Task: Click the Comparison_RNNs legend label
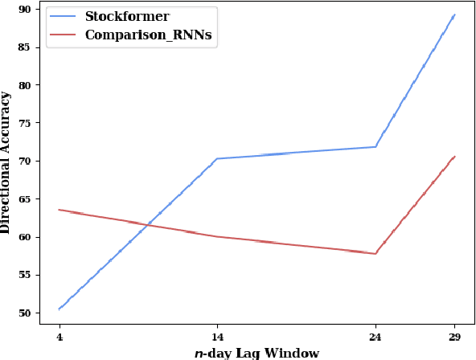(x=150, y=36)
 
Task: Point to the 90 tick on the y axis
(x=25, y=9)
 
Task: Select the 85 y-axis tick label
(x=25, y=47)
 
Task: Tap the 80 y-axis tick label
(x=25, y=85)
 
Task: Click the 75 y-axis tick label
(x=25, y=123)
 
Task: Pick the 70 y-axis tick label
(x=25, y=161)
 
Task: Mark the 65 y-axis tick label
(x=25, y=199)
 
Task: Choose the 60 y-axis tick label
(x=25, y=237)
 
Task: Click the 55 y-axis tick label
(x=25, y=275)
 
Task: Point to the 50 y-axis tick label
(x=25, y=313)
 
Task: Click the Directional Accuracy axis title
(x=6, y=162)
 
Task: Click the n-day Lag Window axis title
(x=256, y=353)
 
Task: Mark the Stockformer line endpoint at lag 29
(x=454, y=14)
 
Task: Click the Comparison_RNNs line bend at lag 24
(x=375, y=254)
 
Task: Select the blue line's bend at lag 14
(x=217, y=158)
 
